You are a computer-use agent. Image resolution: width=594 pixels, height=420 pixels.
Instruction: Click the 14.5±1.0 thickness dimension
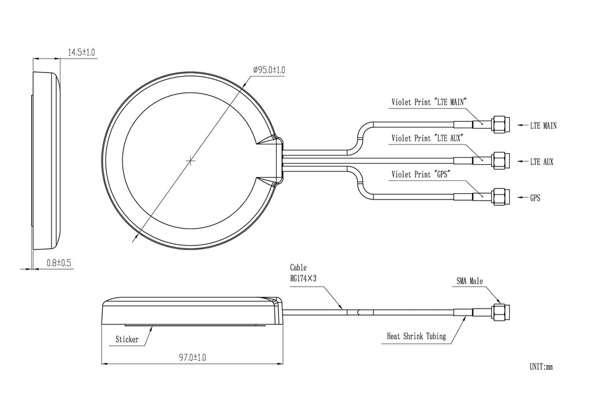point(81,53)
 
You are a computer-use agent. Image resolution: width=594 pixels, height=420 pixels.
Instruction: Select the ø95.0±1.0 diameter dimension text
point(269,70)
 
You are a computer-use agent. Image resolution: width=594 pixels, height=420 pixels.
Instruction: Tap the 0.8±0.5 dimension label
point(59,263)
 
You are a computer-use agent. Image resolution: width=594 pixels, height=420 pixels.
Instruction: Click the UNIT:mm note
point(541,367)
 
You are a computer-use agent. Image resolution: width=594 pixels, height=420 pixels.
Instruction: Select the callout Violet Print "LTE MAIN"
point(429,102)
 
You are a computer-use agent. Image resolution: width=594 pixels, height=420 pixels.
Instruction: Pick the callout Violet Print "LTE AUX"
point(426,138)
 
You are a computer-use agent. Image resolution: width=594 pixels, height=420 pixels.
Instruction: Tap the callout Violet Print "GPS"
point(421,174)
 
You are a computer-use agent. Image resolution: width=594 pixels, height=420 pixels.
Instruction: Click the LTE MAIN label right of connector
point(544,125)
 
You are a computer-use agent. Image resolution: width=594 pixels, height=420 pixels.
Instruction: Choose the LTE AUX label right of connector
point(542,162)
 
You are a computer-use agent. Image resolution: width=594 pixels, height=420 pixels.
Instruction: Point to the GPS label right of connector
point(535,198)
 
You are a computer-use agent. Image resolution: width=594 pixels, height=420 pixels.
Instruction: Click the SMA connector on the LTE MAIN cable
point(499,124)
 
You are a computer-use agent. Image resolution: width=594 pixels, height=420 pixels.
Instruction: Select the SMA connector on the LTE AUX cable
point(499,161)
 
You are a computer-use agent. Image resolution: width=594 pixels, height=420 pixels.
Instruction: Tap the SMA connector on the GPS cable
point(499,197)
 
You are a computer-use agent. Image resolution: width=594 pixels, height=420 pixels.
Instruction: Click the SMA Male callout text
point(469,281)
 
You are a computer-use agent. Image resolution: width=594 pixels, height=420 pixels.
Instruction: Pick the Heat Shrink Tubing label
point(416,336)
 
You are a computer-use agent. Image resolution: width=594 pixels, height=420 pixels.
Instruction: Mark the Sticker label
point(127,339)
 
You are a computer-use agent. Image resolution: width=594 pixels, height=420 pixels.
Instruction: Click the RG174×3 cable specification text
point(303,278)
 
